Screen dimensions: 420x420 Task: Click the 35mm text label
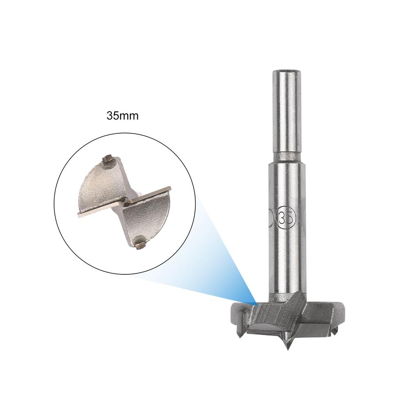pos(123,116)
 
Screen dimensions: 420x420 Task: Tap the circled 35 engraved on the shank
pos(287,217)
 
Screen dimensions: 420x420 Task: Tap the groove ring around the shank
pos(286,156)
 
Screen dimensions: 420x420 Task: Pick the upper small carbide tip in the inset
pos(108,160)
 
